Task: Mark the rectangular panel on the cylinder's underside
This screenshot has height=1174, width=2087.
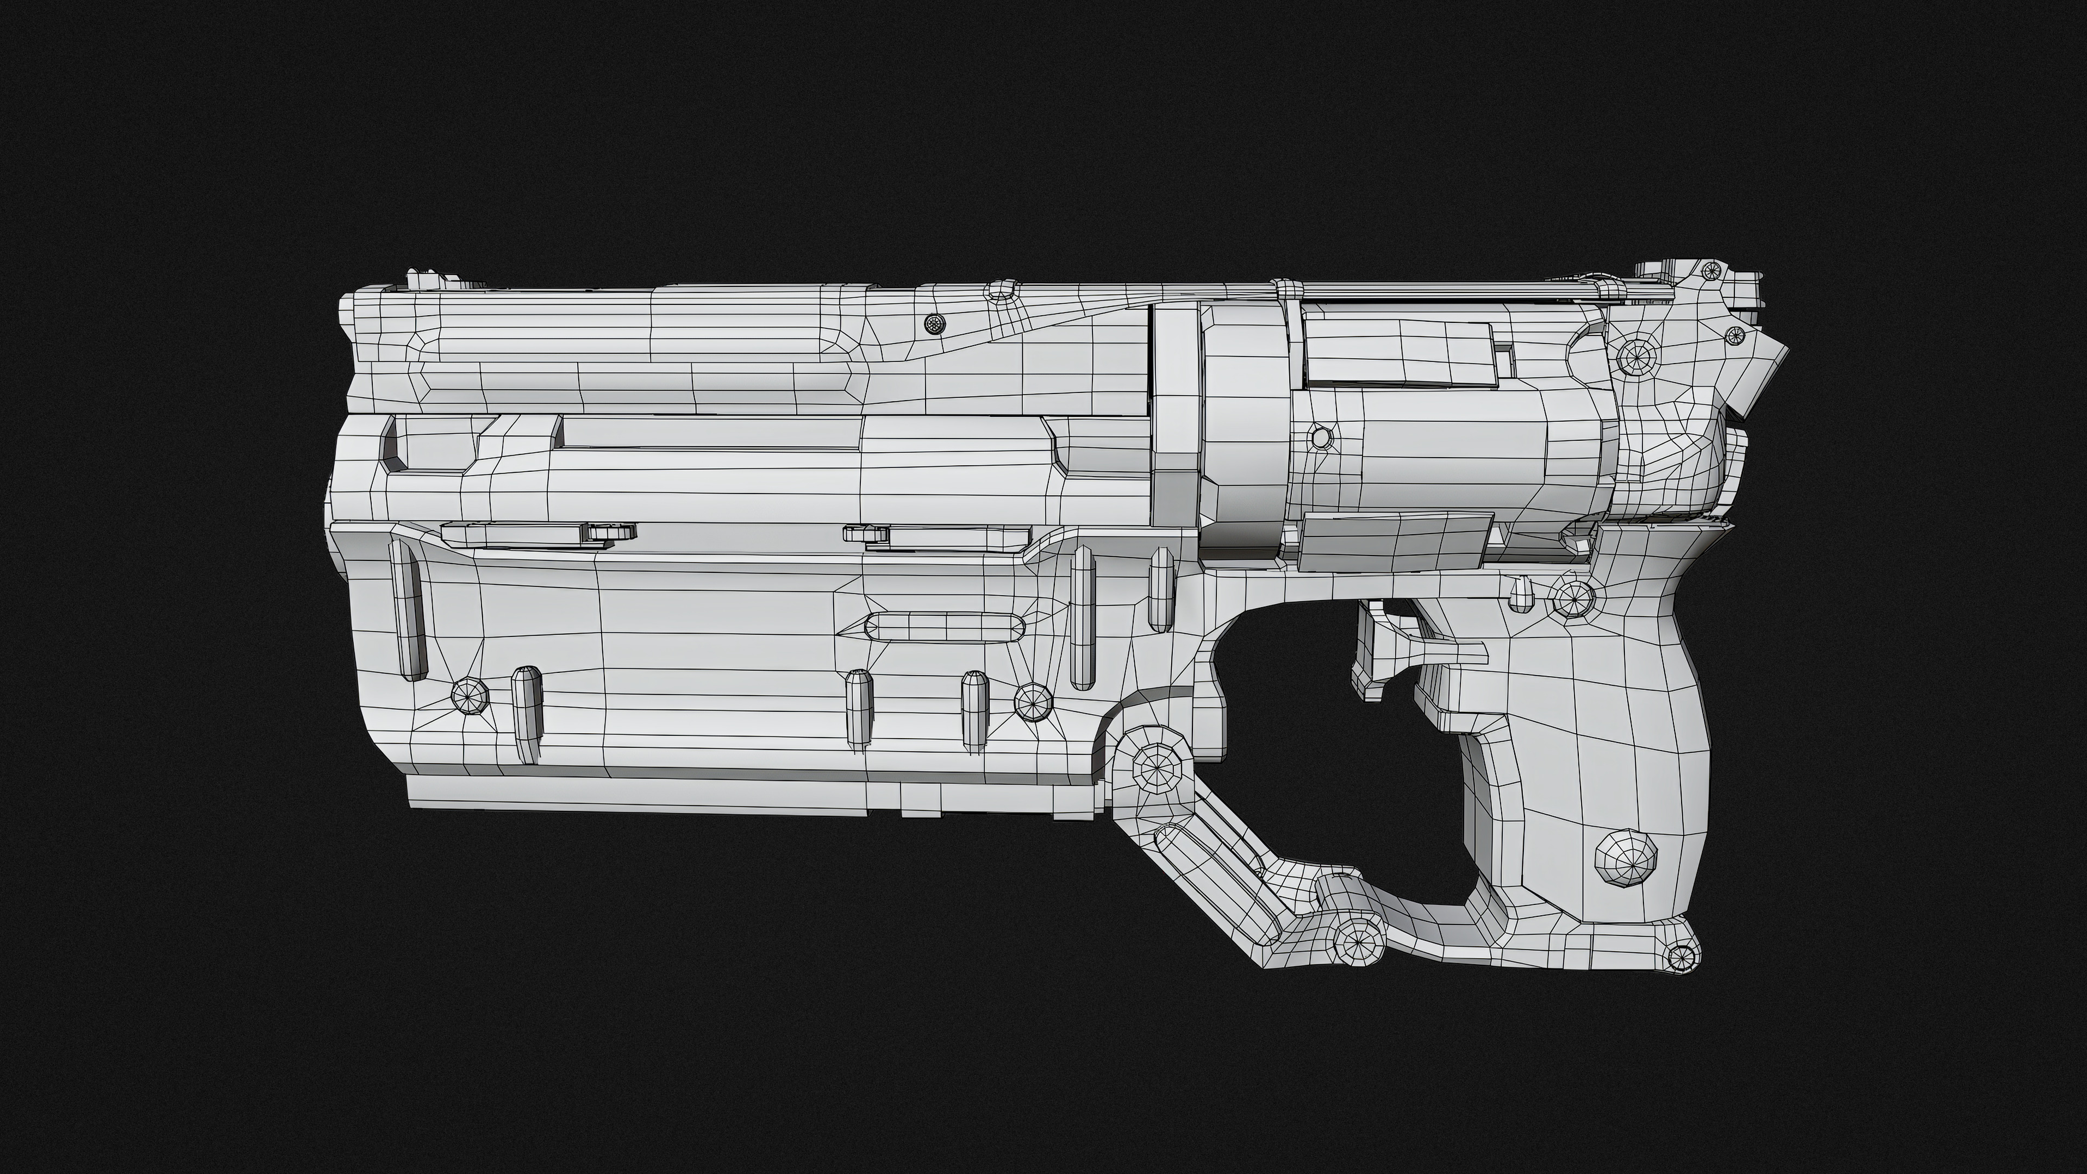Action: tap(1394, 540)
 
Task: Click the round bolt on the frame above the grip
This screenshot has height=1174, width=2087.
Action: tap(1574, 597)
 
